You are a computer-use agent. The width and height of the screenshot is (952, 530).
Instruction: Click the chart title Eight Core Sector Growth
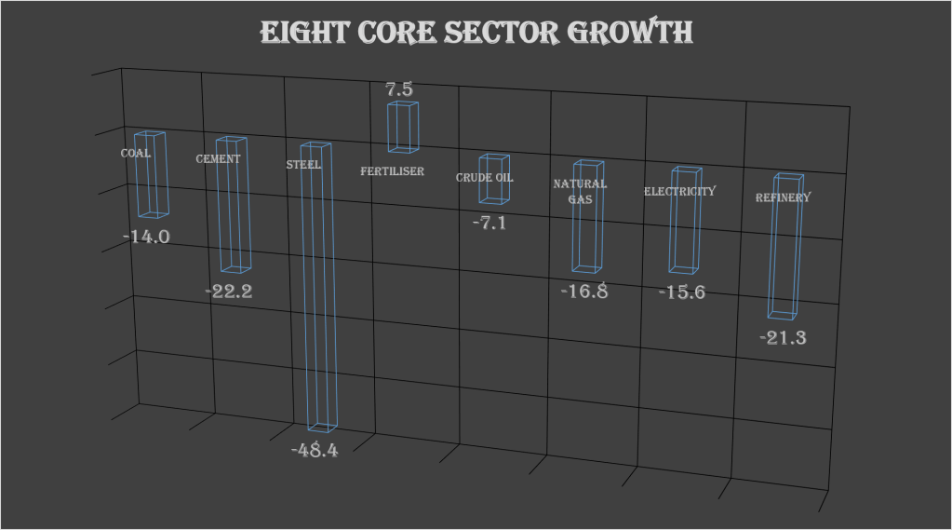476,33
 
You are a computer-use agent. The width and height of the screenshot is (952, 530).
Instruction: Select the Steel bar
317,289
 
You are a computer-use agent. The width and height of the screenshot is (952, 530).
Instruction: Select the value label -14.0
147,237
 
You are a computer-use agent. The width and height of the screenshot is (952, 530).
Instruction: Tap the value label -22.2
229,291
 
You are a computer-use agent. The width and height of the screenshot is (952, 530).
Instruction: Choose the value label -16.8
584,291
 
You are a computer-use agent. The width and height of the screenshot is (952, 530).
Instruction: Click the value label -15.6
682,292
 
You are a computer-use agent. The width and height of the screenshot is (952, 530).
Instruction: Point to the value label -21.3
783,337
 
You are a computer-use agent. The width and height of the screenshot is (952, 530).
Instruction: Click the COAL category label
136,153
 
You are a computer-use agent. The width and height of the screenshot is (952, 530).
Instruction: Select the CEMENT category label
218,158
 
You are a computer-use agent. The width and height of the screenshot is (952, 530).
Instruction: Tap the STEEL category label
303,165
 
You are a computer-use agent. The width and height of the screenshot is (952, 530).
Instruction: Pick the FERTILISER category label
392,171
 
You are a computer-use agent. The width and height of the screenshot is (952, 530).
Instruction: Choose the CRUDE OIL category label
484,178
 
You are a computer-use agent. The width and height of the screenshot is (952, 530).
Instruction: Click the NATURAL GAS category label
580,190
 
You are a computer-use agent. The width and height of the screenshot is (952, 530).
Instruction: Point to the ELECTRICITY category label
680,191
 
